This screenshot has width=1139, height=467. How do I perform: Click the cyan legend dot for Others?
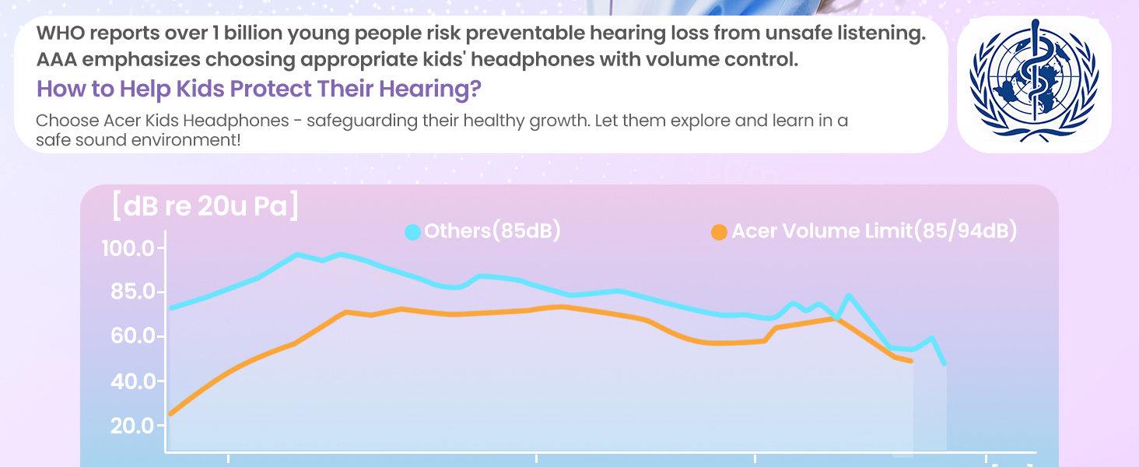413,232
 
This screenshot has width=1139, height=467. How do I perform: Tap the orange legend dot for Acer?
720,232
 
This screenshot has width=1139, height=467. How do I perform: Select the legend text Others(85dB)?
492,231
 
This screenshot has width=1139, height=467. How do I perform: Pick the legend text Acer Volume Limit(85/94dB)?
874,231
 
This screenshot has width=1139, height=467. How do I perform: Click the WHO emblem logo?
1034,85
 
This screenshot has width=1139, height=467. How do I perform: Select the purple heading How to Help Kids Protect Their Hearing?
258,89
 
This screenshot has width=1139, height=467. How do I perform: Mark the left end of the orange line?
170,413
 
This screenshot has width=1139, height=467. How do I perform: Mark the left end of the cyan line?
171,307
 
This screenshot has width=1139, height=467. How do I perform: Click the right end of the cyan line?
944,363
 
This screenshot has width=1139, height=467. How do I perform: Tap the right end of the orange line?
911,361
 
